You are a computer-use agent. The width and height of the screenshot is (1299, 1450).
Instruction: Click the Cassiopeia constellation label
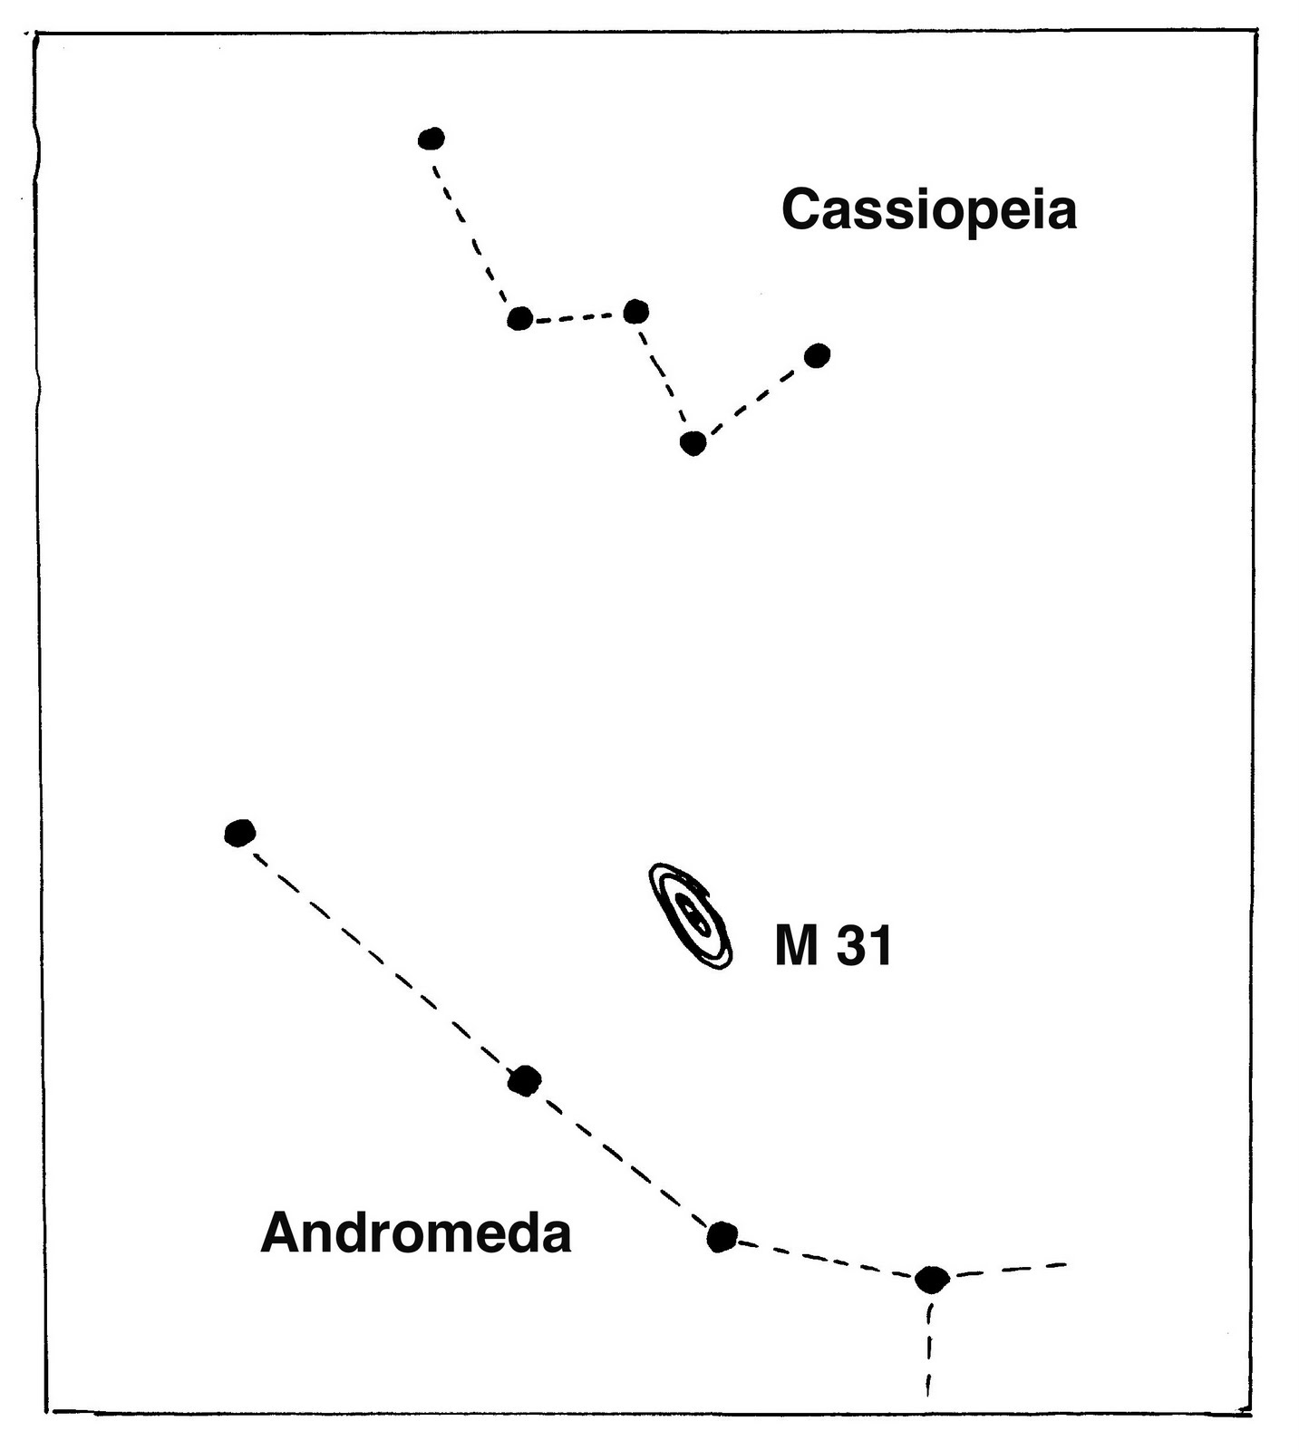click(928, 209)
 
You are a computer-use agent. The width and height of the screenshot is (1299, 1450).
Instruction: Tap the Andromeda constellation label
click(415, 1233)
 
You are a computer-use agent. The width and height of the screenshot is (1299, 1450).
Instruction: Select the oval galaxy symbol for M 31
click(692, 915)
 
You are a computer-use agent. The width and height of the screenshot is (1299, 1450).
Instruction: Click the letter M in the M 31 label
click(797, 946)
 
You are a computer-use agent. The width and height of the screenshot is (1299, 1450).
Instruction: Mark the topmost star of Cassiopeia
click(431, 139)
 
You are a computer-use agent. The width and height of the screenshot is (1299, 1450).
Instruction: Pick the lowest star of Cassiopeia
click(693, 443)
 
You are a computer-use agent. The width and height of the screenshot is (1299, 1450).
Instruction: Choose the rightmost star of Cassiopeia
click(817, 356)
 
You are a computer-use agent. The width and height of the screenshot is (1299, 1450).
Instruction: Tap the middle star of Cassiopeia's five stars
click(636, 312)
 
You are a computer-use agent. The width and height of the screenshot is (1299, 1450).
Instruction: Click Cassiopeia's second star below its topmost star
click(519, 318)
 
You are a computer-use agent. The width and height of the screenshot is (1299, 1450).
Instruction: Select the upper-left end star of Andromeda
click(239, 832)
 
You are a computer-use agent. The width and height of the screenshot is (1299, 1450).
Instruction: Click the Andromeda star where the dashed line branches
click(931, 1279)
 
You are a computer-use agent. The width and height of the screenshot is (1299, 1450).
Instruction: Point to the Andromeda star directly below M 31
click(721, 1236)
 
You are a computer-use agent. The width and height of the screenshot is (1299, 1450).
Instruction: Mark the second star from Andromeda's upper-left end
click(524, 1080)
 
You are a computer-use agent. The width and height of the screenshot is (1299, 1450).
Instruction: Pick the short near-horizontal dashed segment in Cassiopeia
click(577, 316)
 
